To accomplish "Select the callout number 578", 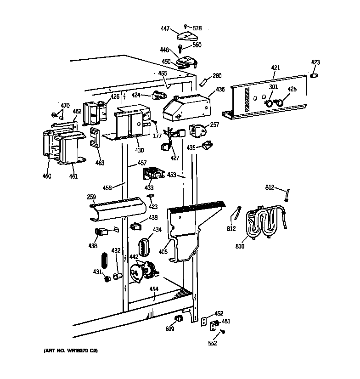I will click(x=196, y=28).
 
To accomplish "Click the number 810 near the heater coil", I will click(x=240, y=246).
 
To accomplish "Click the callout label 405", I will click(x=163, y=252).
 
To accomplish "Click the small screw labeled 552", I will click(x=223, y=331).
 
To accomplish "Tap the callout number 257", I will click(x=215, y=124).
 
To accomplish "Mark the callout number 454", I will click(x=154, y=289).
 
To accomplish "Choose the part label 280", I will click(x=217, y=76).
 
